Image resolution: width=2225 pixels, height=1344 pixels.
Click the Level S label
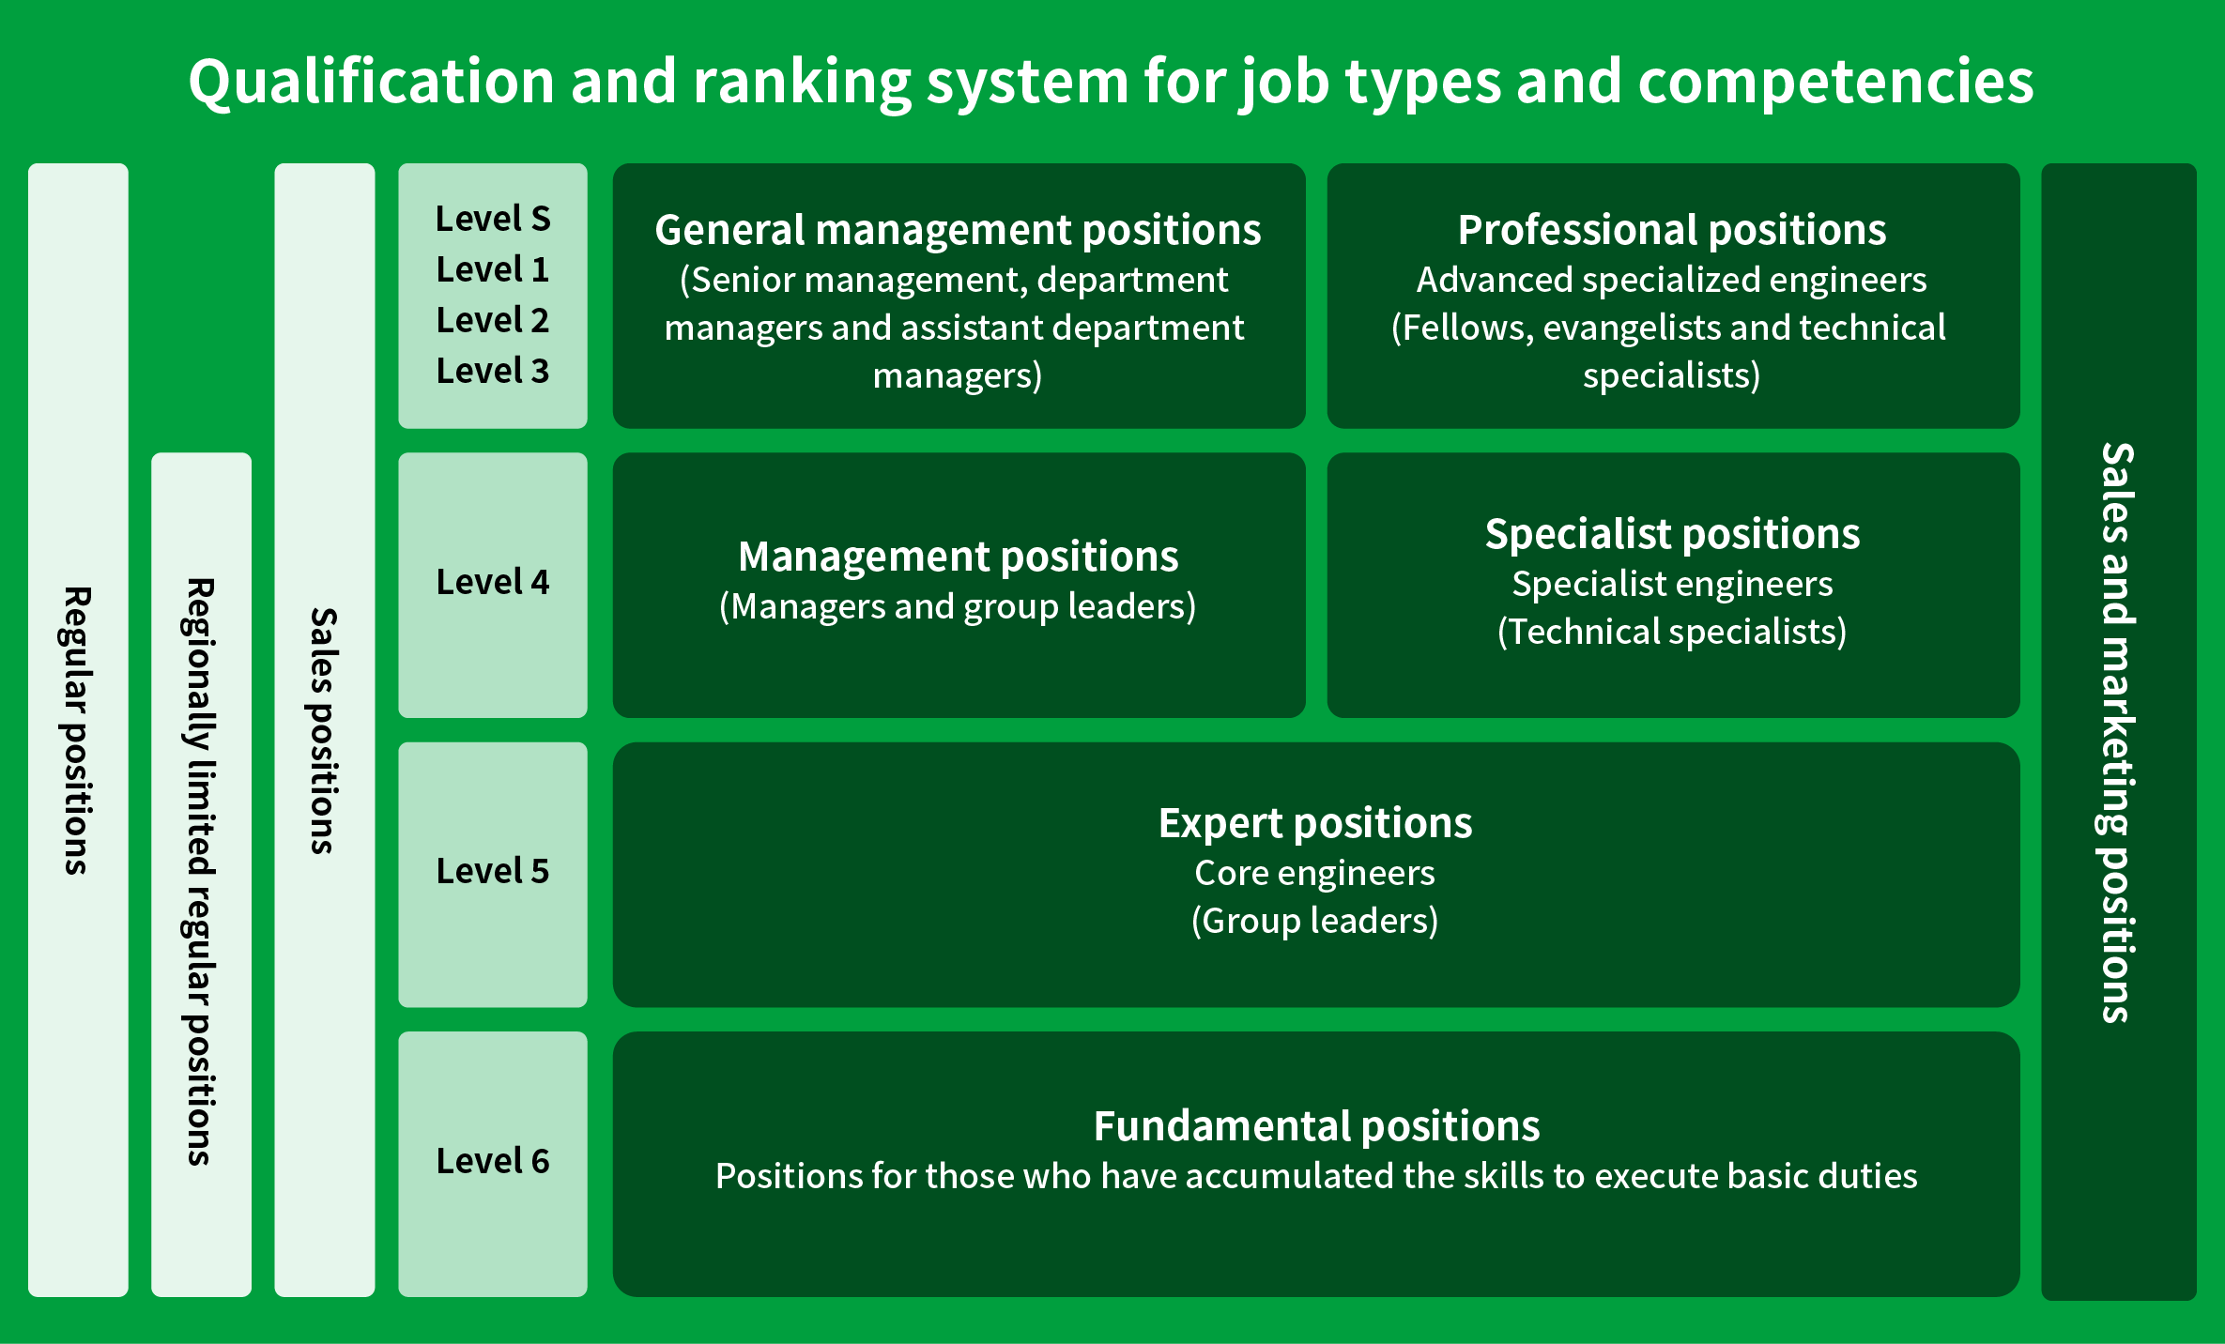493,219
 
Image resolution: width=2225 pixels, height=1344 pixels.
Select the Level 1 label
493,269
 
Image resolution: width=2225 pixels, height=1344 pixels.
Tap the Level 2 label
493,320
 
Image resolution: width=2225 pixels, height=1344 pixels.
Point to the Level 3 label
493,371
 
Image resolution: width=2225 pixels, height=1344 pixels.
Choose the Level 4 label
493,582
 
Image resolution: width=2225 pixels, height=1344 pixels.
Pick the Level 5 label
493,871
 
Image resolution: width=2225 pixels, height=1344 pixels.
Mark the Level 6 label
493,1161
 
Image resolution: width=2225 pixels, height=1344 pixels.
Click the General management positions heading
958,231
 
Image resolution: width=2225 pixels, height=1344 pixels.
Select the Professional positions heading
1672,231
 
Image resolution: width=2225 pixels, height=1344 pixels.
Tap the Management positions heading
958,557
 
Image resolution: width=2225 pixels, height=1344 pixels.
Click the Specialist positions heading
1672,535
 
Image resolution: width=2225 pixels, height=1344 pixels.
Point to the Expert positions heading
1315,824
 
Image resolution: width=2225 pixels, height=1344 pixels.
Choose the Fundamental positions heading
1316,1126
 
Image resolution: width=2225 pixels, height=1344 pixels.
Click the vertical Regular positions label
78,730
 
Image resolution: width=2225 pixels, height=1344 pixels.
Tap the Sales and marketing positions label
2119,732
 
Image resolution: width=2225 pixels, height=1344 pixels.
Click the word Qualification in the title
372,82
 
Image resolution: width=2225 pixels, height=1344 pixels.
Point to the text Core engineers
1314,873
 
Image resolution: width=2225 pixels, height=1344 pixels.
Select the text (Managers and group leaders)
958,607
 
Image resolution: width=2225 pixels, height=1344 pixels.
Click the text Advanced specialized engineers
1672,280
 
